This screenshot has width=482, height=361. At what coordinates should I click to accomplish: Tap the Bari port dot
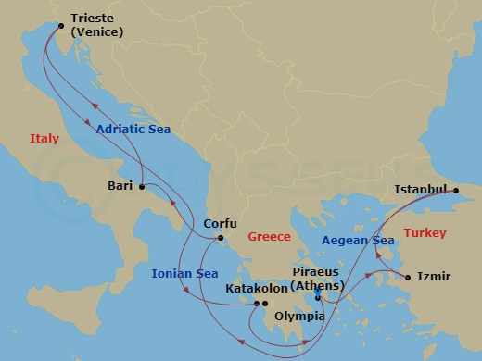tap(141, 187)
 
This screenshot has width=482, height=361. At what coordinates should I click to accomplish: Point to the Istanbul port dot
tap(455, 190)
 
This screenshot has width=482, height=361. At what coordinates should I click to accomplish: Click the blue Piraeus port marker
tap(317, 295)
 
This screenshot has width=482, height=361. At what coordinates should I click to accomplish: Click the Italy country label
tap(44, 139)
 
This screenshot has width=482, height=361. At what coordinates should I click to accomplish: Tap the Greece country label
tap(270, 237)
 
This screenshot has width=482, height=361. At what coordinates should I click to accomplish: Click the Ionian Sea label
tap(184, 273)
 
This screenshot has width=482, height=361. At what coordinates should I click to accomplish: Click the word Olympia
tap(298, 317)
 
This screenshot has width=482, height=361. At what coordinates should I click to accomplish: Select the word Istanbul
tap(420, 189)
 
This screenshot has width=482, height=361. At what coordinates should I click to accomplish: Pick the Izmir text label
tap(434, 276)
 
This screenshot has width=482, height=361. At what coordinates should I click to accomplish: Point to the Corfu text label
tap(221, 224)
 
